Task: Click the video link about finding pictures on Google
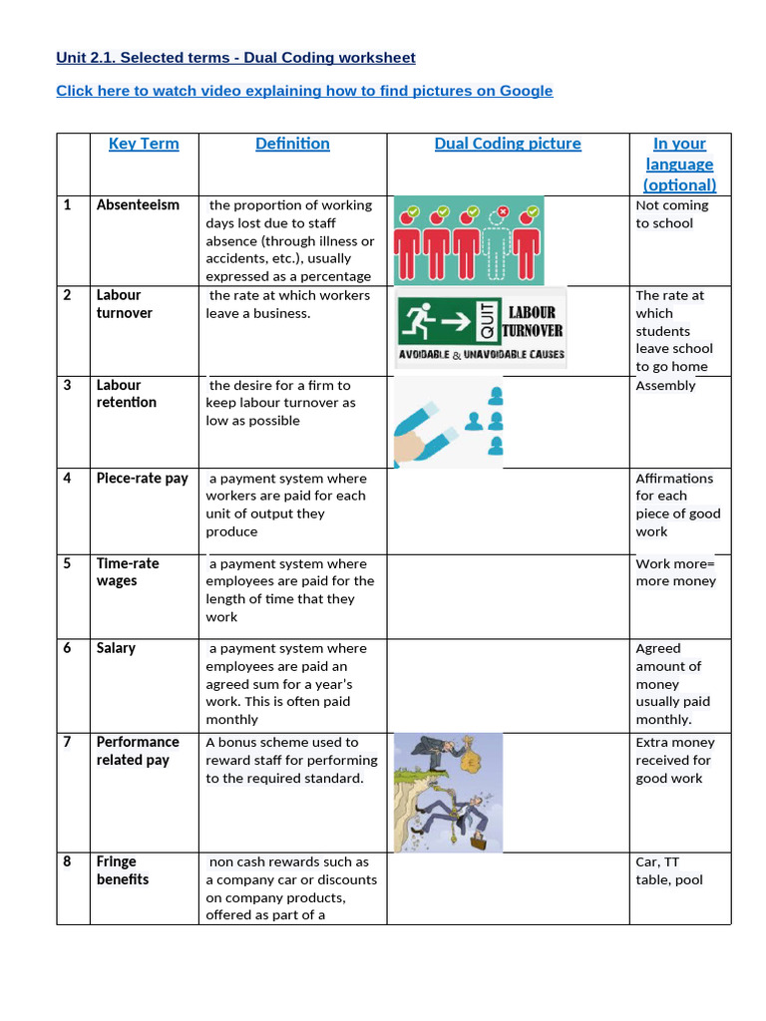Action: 304,91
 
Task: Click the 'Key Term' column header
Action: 144,144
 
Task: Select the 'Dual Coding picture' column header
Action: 508,144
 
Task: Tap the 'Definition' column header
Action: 292,144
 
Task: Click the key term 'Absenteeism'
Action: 138,205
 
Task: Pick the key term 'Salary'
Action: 116,648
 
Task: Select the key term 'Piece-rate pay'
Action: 142,479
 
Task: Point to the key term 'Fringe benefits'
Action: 123,870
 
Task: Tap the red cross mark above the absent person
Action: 503,211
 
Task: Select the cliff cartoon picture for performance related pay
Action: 448,793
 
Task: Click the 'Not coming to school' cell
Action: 672,214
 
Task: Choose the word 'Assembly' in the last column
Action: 665,386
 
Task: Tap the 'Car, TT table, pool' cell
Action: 669,870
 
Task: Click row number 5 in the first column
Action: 68,563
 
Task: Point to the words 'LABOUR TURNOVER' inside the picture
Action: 533,321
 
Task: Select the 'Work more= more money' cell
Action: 675,572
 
